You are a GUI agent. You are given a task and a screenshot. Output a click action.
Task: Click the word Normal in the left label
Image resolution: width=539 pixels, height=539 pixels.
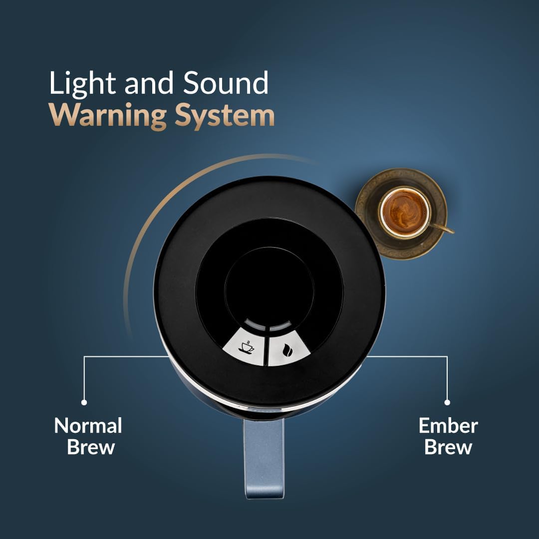[x=88, y=426]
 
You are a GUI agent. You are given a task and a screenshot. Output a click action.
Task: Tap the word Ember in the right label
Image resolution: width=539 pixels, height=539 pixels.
[x=448, y=426]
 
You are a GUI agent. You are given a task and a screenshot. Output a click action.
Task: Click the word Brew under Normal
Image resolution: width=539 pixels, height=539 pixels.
[x=91, y=447]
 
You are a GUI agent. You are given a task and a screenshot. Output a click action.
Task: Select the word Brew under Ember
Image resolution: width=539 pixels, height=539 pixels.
[x=448, y=447]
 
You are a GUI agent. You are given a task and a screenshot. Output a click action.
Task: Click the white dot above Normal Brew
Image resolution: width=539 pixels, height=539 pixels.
[x=84, y=402]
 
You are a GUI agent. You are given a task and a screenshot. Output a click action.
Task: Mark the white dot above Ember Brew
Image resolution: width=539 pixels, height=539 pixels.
[x=447, y=402]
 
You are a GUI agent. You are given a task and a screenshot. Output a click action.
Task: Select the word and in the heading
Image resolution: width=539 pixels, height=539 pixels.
[x=149, y=83]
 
